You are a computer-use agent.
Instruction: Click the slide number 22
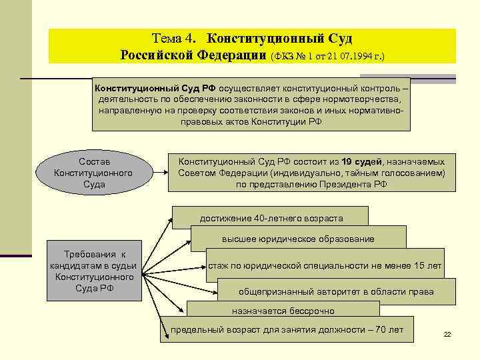click(x=447, y=334)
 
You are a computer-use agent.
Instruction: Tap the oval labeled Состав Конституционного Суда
click(x=94, y=173)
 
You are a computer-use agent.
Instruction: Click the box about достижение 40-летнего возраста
click(x=271, y=218)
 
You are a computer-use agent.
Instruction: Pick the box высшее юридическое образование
click(x=298, y=239)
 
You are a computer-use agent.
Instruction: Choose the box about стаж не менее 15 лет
click(x=325, y=265)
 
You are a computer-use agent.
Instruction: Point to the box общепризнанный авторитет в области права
click(x=336, y=291)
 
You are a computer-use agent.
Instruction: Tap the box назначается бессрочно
click(x=283, y=311)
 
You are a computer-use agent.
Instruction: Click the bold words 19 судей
click(x=362, y=161)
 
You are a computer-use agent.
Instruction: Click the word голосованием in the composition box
click(x=413, y=173)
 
